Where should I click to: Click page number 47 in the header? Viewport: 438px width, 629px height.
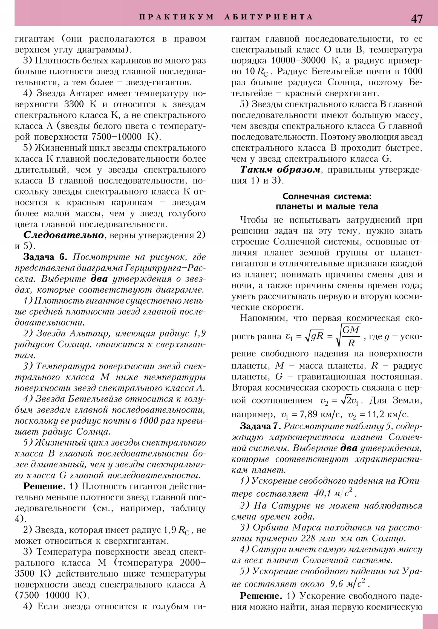coord(417,19)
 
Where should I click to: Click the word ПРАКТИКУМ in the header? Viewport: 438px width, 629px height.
coord(176,17)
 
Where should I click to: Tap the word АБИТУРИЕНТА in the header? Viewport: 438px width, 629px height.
coord(269,17)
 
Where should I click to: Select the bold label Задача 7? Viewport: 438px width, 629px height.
coord(260,426)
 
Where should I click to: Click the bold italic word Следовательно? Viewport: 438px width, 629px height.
coord(64,235)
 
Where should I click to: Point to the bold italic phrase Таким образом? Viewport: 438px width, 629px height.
coord(280,170)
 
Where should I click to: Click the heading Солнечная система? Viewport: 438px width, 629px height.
coord(327,196)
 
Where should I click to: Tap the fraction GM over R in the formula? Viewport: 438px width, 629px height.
coord(351,336)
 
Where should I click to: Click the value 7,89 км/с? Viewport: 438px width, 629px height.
coord(316,414)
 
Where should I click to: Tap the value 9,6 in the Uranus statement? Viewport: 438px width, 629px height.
coord(336,584)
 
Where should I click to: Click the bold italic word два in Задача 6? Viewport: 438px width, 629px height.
coord(99,279)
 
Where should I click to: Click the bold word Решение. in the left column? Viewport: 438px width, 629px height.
coord(44,486)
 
